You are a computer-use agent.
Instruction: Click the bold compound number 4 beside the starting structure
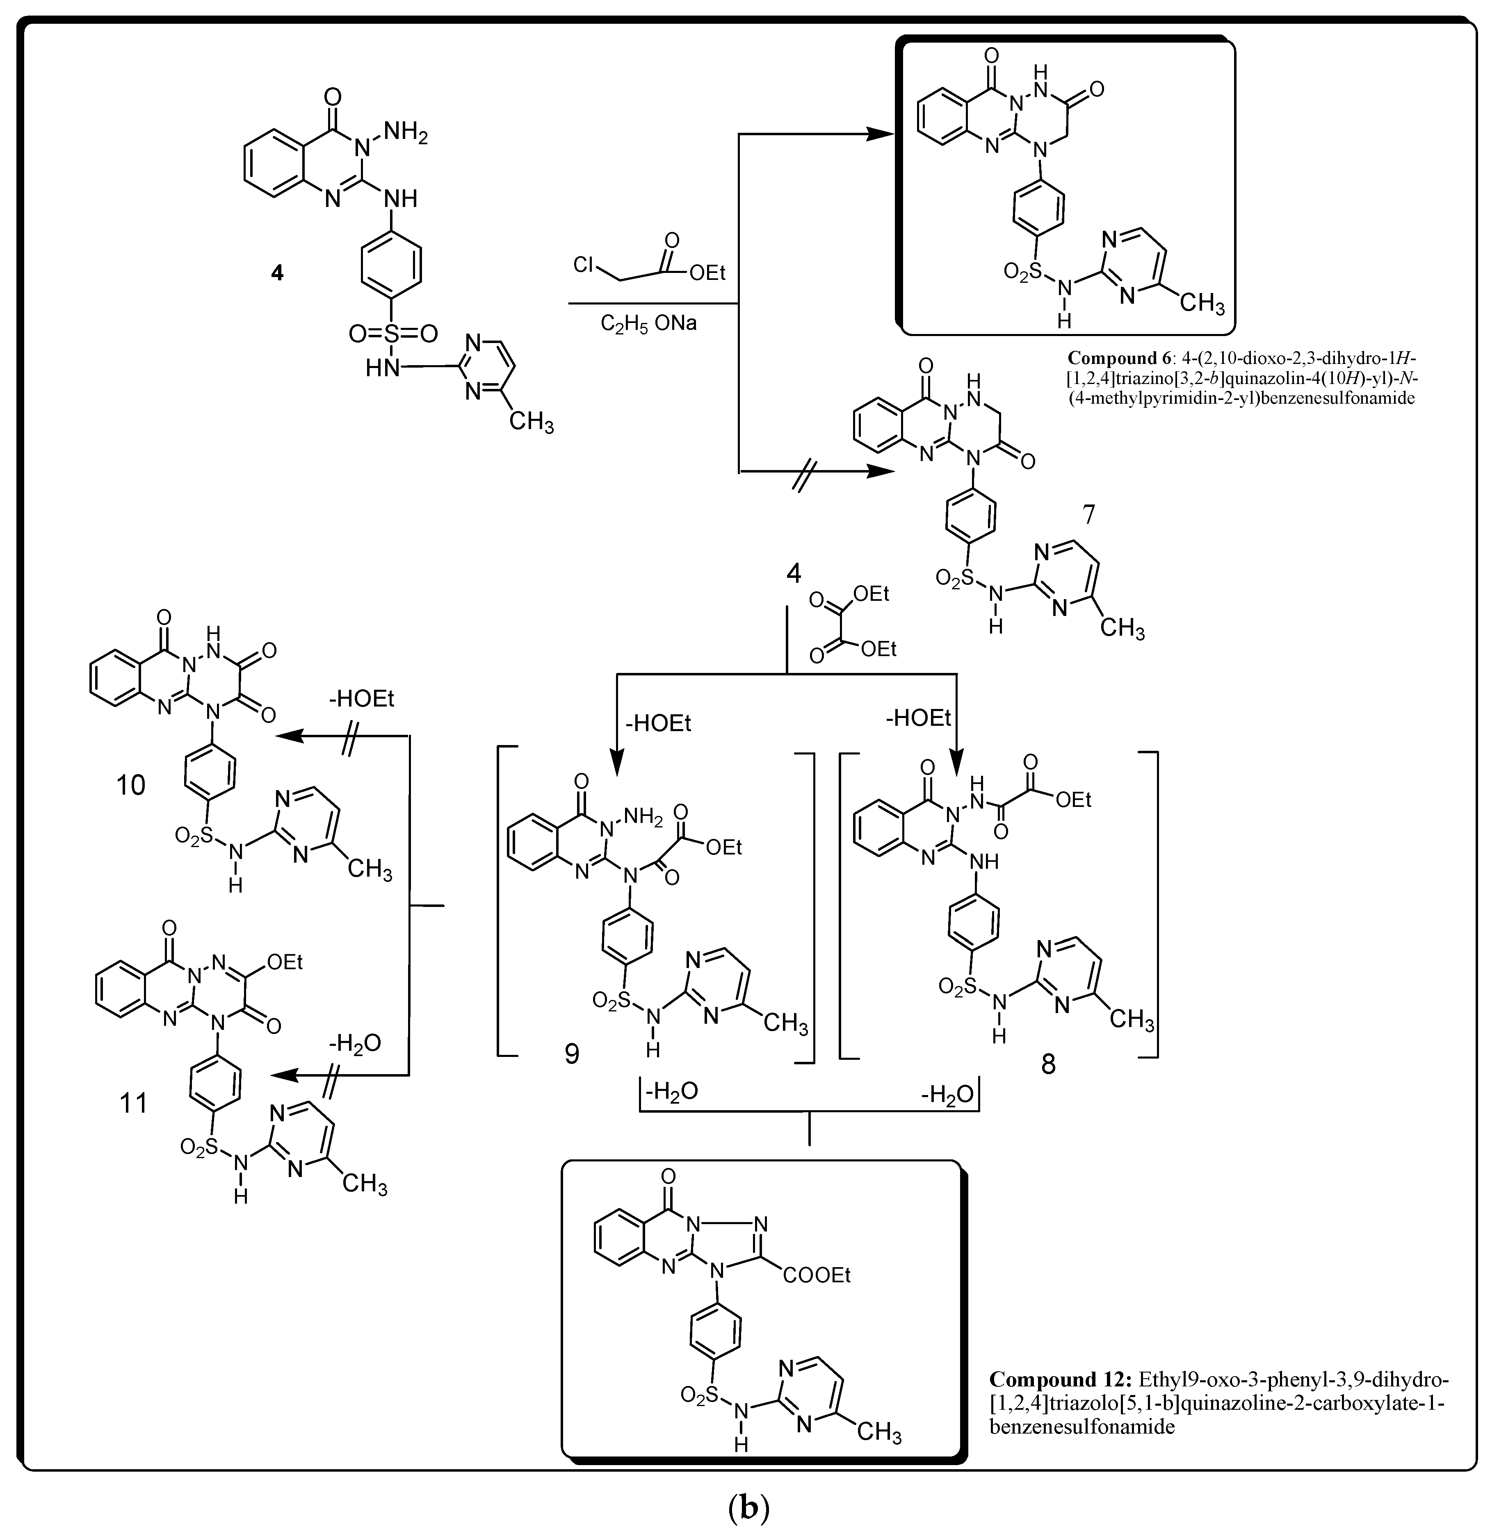[x=277, y=273]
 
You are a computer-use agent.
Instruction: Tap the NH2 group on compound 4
[x=406, y=132]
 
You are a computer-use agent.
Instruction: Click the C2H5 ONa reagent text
[x=648, y=323]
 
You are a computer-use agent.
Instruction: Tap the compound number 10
[x=131, y=784]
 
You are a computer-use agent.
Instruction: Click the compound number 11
[x=133, y=1103]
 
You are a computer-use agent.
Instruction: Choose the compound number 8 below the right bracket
[x=1048, y=1065]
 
